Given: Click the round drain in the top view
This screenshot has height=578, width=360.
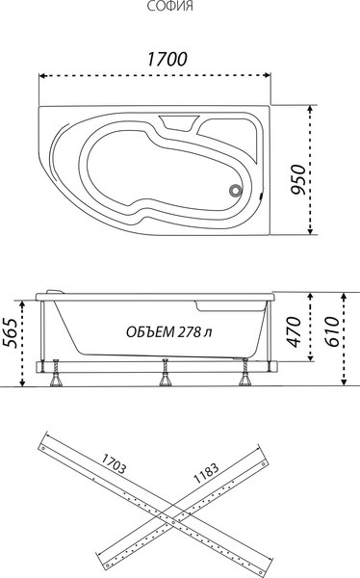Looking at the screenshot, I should pyautogui.click(x=233, y=190).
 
